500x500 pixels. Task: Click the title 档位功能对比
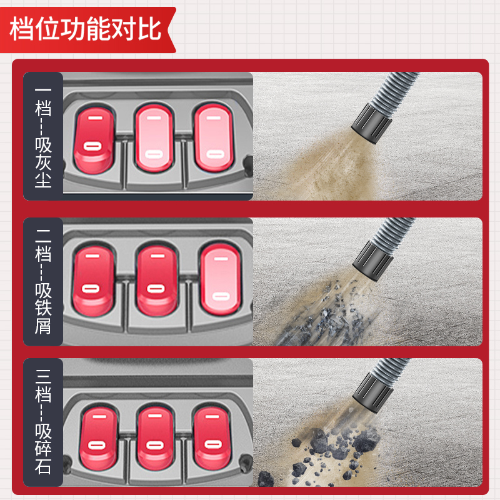(86, 29)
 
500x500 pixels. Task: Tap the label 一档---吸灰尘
(43, 136)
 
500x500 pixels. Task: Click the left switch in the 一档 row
(94, 139)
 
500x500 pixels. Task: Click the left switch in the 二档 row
(92, 280)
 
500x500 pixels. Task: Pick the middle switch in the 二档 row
(157, 280)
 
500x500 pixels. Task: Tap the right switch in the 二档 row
(221, 278)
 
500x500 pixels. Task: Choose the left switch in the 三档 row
(98, 438)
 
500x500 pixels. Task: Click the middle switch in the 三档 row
(155, 437)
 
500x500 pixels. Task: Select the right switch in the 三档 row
(212, 437)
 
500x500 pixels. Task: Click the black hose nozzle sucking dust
(372, 123)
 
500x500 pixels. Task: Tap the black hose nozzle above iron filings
(373, 261)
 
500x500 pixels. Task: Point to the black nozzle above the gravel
(373, 394)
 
